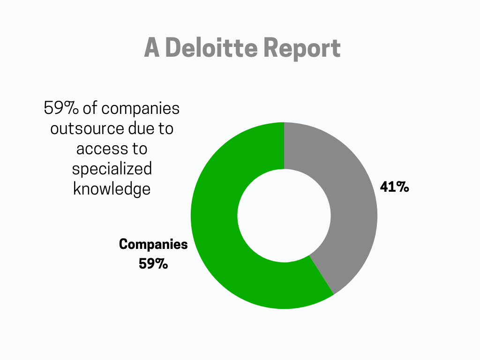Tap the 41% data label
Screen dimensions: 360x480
[x=394, y=187]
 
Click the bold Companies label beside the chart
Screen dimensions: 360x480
[x=153, y=244]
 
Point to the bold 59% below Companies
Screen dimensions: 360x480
[x=153, y=263]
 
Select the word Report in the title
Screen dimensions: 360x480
[x=301, y=48]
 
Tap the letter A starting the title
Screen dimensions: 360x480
[x=151, y=48]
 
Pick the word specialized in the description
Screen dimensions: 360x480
[x=112, y=169]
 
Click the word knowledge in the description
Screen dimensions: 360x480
[x=112, y=188]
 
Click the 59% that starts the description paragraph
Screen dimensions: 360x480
[x=61, y=108]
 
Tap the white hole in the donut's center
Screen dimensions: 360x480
[x=284, y=216]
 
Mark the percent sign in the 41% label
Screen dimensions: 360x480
[x=402, y=187]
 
